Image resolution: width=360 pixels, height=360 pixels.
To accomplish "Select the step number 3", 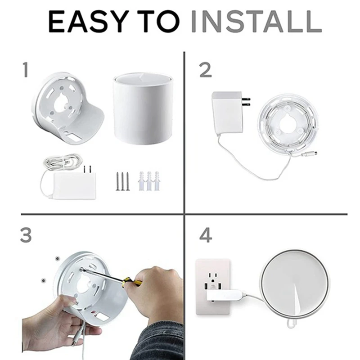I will (x=27, y=235).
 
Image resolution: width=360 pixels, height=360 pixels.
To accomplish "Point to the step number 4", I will (x=206, y=235).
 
